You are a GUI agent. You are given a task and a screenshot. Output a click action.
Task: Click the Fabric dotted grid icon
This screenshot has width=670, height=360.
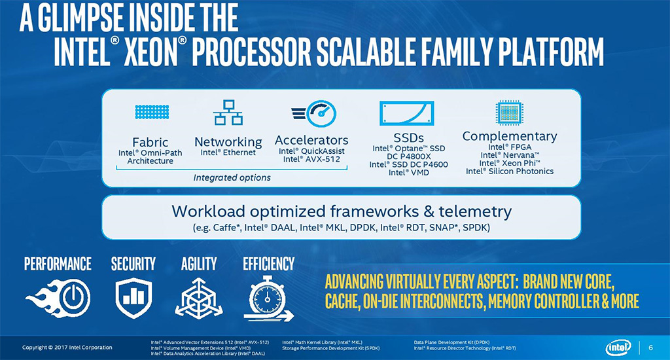[x=152, y=111]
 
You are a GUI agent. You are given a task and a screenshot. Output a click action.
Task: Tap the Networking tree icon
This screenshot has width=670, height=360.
[x=228, y=113]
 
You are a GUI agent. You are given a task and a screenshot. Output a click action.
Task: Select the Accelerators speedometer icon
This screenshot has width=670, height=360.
[x=313, y=114]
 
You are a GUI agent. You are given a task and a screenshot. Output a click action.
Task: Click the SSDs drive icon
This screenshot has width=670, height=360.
[x=406, y=113]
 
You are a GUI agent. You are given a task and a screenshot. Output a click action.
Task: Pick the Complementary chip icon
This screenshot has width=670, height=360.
[x=509, y=113]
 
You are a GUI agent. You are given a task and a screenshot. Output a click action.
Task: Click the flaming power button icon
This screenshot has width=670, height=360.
[x=58, y=298]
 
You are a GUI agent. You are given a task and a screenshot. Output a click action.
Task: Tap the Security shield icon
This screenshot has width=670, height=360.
[x=133, y=298]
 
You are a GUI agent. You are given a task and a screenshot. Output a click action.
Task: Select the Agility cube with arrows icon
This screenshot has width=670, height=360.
[x=199, y=298]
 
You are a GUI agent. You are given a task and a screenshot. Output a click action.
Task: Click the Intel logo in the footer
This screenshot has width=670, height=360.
[x=618, y=347]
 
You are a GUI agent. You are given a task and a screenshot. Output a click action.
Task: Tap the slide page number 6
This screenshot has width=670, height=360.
[x=651, y=348]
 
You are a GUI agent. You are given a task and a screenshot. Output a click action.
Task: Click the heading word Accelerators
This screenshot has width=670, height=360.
[x=311, y=140]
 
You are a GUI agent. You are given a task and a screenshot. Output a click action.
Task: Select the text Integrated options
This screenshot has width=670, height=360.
[x=232, y=177]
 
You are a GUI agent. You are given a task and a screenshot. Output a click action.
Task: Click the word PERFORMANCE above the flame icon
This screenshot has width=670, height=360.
[x=58, y=264]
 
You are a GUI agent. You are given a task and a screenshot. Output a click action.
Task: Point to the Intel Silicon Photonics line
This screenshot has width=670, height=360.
[x=509, y=171]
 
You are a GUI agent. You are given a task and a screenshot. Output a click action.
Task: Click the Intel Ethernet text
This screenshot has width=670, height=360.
[x=228, y=153]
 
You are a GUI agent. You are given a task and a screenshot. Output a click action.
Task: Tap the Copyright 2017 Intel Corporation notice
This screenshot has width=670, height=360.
[x=67, y=347]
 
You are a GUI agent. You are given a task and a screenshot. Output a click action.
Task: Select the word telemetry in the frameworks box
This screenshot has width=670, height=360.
[x=475, y=211]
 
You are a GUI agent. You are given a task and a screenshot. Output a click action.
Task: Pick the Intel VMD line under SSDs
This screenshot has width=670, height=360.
[x=408, y=172]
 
